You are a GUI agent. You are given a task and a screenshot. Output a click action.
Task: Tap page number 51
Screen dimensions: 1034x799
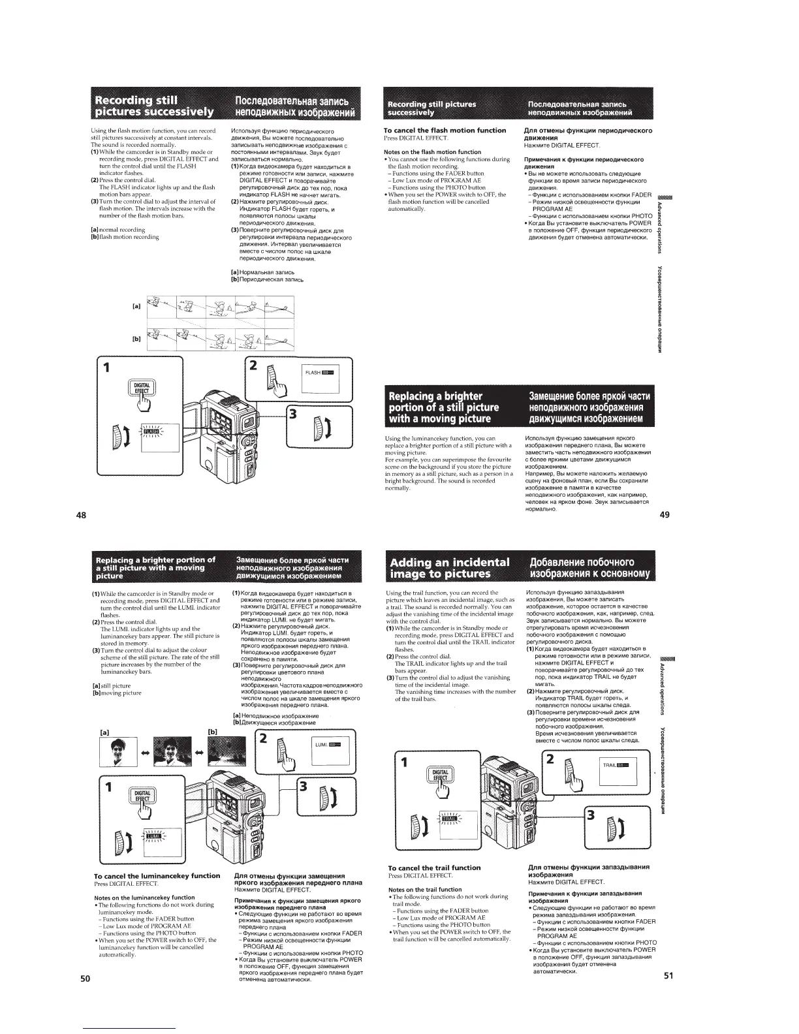pyautogui.click(x=668, y=977)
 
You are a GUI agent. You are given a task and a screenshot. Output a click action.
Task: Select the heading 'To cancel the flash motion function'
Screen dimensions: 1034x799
pyautogui.click(x=445, y=131)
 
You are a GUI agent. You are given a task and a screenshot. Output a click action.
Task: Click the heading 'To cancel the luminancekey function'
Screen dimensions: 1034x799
pyautogui.click(x=157, y=875)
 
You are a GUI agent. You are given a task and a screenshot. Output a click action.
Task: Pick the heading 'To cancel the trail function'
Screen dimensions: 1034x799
pyautogui.click(x=434, y=868)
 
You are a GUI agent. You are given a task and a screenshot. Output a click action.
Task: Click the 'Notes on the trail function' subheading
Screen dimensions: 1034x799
pyautogui.click(x=425, y=889)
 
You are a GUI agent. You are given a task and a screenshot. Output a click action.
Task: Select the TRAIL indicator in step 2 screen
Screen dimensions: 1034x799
pyautogui.click(x=616, y=764)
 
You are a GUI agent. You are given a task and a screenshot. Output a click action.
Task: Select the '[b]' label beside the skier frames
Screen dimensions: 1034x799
pyautogui.click(x=137, y=339)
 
